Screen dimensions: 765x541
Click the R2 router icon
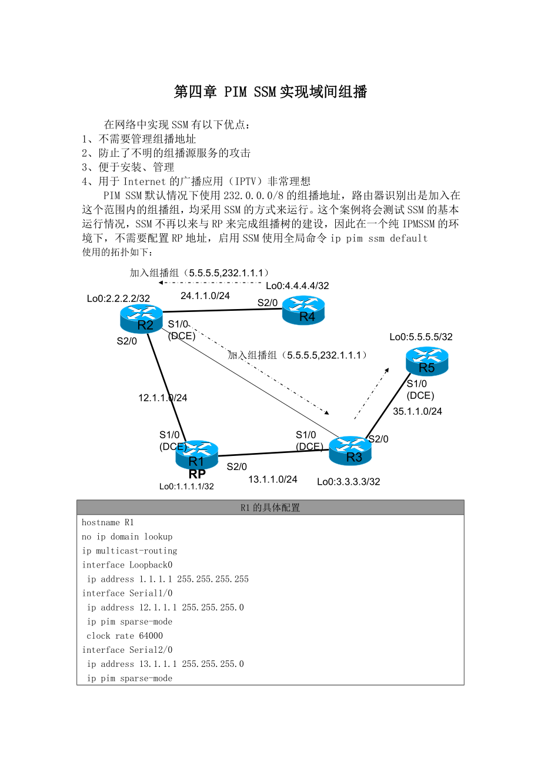tap(141, 318)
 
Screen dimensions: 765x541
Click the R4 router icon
tap(303, 310)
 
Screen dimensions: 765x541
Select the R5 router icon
tap(427, 361)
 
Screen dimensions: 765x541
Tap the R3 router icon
tap(350, 451)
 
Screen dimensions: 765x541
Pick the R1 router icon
tap(196, 454)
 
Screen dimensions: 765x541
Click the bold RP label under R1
tap(197, 474)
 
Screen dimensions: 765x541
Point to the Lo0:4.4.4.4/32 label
tap(298, 286)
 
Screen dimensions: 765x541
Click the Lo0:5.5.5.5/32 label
tap(421, 337)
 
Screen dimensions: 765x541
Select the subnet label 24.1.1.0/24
tap(205, 296)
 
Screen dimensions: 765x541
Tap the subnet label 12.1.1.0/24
tap(163, 398)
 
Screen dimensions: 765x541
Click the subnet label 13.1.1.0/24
tap(273, 479)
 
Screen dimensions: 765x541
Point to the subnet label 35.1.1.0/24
tap(418, 411)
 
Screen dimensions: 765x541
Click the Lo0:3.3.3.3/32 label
tap(349, 482)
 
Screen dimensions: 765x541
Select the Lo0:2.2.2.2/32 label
tap(118, 298)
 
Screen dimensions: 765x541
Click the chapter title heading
tap(270, 92)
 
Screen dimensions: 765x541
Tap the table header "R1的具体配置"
tap(270, 508)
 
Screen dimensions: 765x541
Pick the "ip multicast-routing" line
tap(129, 551)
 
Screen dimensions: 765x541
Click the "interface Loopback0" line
tap(127, 565)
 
